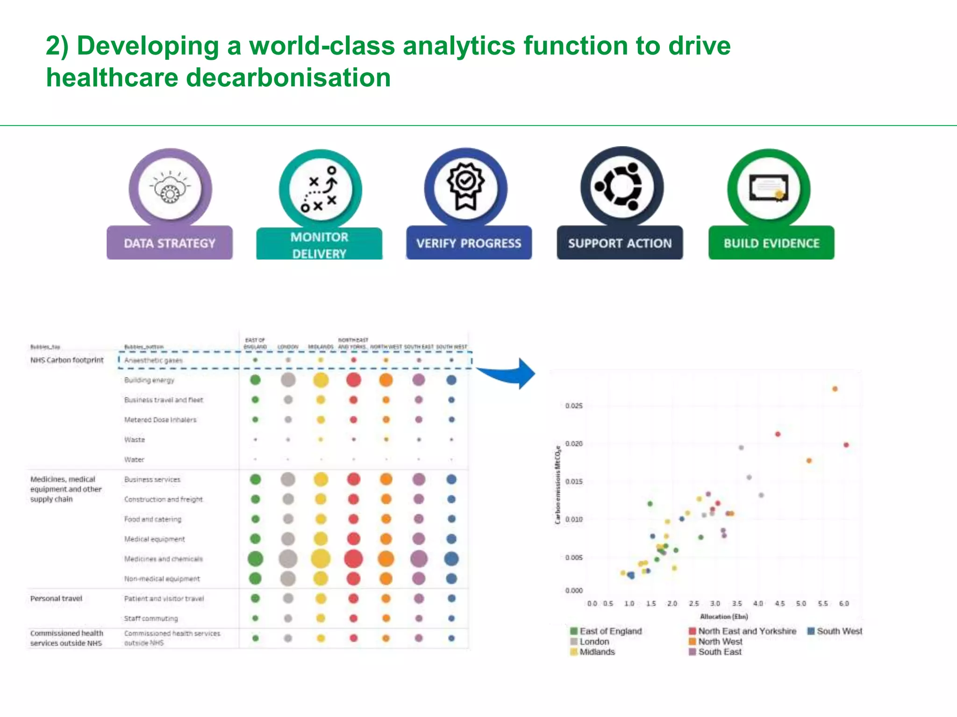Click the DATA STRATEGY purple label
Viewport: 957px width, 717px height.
click(x=169, y=243)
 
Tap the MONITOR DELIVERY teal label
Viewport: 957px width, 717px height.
click(x=319, y=245)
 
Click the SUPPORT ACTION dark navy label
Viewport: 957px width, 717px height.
click(x=620, y=243)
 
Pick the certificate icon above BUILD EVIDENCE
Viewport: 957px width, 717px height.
click(x=769, y=188)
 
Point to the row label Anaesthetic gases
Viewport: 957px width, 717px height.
click(x=153, y=360)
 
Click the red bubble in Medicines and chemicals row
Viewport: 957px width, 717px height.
click(x=353, y=559)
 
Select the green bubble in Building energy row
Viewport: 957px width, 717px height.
click(x=255, y=380)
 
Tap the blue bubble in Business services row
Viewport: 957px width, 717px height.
click(x=451, y=479)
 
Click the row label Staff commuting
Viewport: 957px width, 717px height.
click(x=151, y=619)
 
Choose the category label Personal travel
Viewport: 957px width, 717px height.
click(x=56, y=598)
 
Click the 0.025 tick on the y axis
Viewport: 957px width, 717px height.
click(x=574, y=406)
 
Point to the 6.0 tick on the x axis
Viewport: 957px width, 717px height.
click(x=844, y=604)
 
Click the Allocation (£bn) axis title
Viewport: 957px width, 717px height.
click(x=724, y=617)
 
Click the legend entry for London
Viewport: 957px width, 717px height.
click(x=594, y=642)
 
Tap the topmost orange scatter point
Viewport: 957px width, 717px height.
click(x=835, y=389)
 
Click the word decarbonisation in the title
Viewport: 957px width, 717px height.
click(x=288, y=77)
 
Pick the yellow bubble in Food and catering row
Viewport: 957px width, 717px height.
click(x=321, y=519)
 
